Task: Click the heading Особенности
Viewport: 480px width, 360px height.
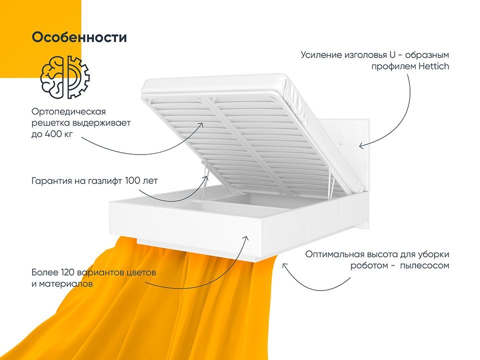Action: coord(79,37)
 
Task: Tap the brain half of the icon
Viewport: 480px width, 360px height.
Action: coord(52,77)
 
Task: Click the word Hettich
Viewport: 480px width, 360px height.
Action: coord(433,66)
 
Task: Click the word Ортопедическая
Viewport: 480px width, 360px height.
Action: coord(68,112)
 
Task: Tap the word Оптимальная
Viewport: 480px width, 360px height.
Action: coord(335,254)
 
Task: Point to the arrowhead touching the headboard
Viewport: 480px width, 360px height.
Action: coord(361,145)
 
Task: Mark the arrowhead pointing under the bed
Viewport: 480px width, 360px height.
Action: coord(284,265)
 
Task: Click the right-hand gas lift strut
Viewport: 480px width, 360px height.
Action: coord(330,186)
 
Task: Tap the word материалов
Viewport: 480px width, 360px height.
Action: coord(62,284)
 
